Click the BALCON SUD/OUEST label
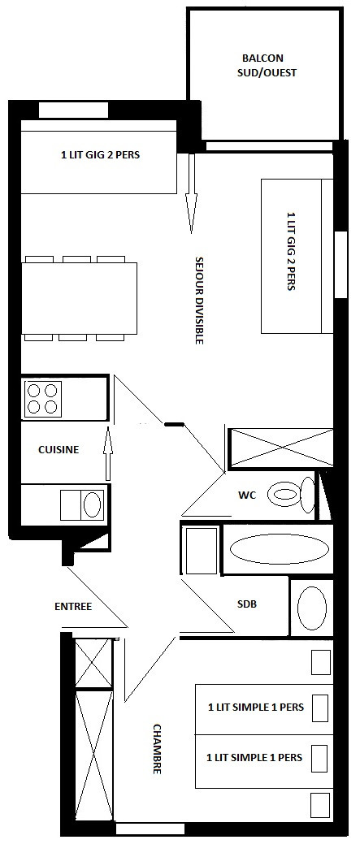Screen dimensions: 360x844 (267, 65)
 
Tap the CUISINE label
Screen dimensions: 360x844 (59, 449)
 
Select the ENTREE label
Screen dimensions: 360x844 (73, 607)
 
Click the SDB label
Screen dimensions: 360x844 (247, 604)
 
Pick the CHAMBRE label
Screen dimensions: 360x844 (157, 748)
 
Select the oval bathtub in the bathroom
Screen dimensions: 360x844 (280, 550)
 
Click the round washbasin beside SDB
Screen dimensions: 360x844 (311, 608)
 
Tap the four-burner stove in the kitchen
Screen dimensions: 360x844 (42, 398)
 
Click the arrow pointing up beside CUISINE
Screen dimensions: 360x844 (107, 453)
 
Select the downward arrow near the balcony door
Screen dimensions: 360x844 (192, 193)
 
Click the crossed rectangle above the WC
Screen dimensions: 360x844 (281, 448)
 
